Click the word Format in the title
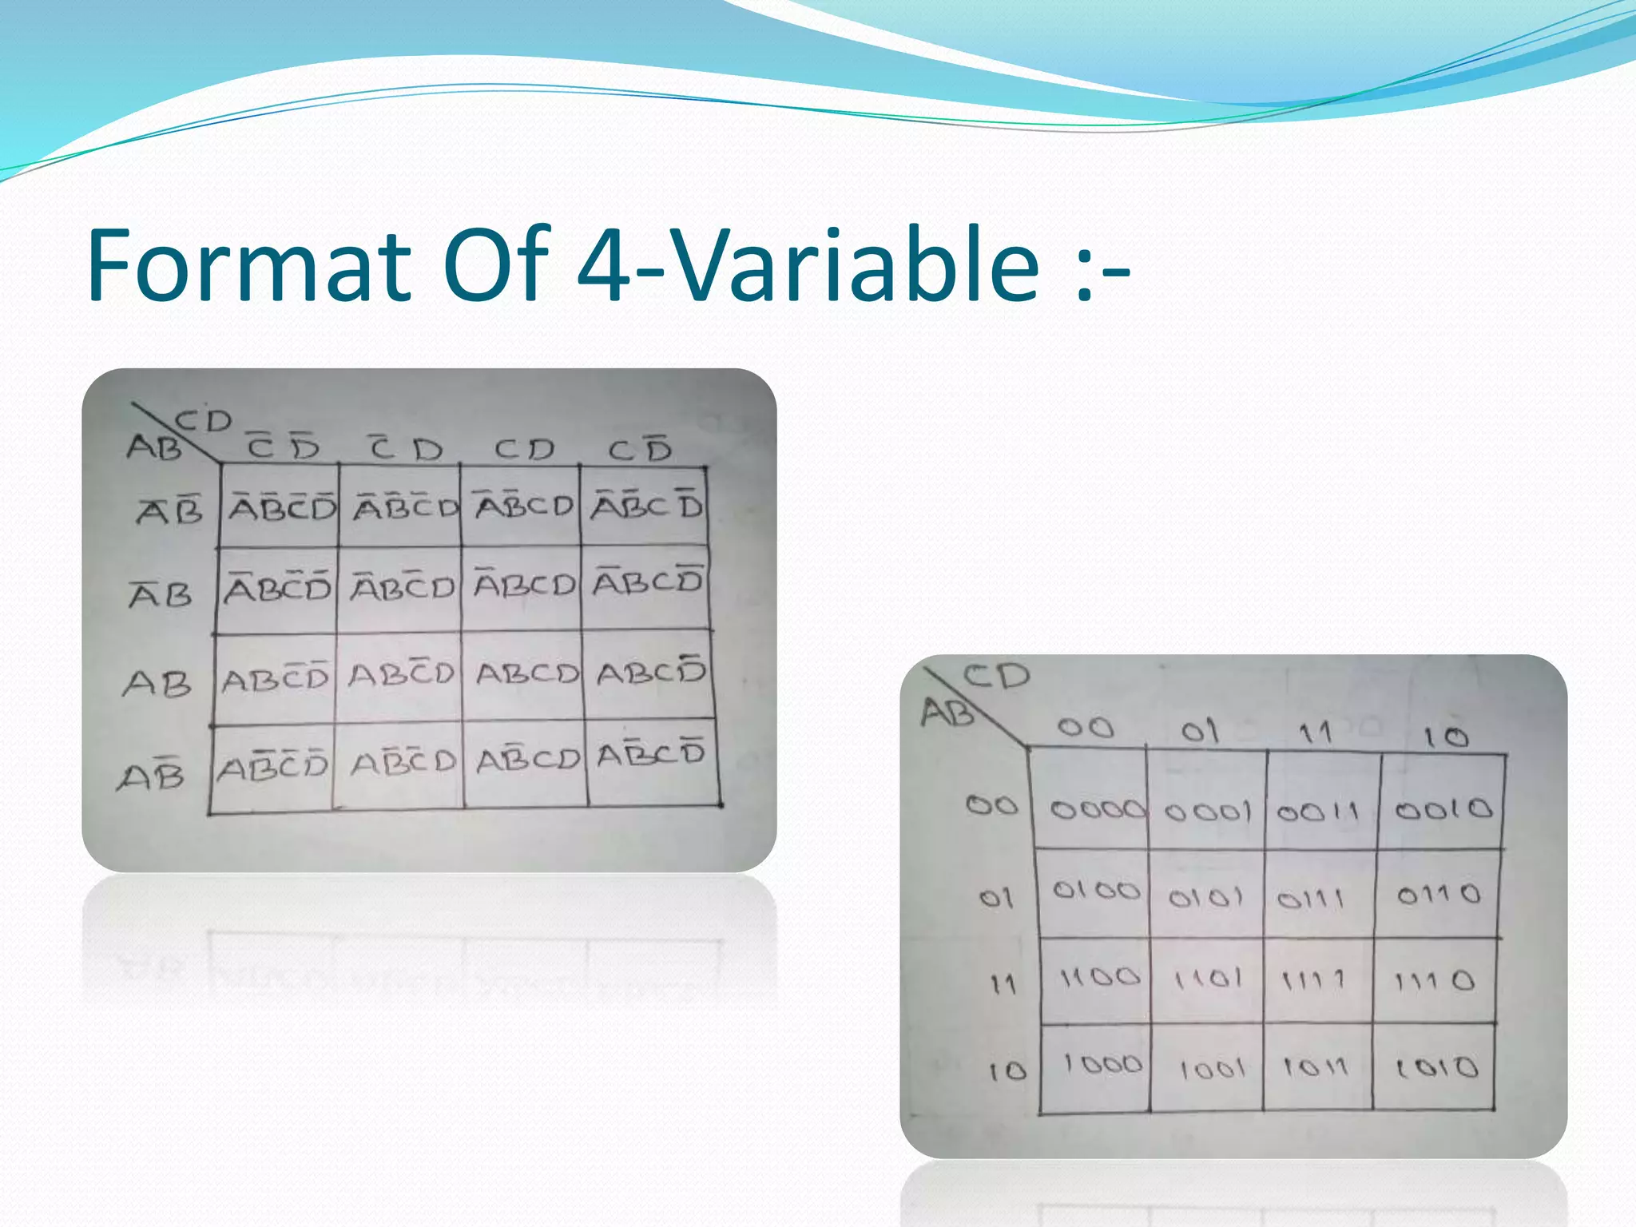pos(248,265)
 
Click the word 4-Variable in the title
pos(808,265)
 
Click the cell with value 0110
pos(1438,894)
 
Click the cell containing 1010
pos(1435,1067)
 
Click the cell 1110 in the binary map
pos(1434,980)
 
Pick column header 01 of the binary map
pos(1200,731)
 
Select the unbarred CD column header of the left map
pos(523,450)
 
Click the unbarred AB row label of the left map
pos(157,684)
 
